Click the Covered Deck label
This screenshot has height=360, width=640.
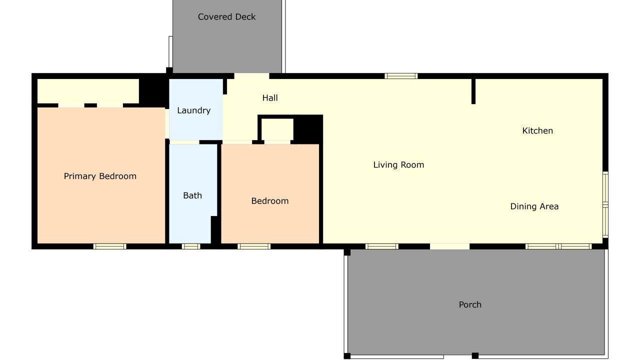(x=226, y=17)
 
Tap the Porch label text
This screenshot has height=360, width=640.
(x=470, y=304)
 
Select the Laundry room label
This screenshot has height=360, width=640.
(x=193, y=110)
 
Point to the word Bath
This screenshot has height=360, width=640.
(x=192, y=195)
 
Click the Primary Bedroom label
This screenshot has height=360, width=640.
(x=100, y=176)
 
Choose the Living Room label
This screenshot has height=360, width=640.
(x=398, y=165)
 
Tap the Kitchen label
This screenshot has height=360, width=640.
(x=537, y=131)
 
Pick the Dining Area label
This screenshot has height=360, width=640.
(x=534, y=206)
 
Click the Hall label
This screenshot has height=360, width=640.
(x=270, y=98)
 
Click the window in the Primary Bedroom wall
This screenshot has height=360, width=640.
(x=109, y=246)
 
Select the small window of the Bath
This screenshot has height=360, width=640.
(x=191, y=246)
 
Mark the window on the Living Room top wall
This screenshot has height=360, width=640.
(x=401, y=76)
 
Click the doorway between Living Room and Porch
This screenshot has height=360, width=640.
(x=449, y=246)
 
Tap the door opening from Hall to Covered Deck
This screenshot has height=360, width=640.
(x=251, y=76)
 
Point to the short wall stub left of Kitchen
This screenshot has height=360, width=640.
(x=473, y=91)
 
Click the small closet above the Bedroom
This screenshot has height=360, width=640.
(x=277, y=129)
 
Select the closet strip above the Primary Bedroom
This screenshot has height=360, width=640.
(x=88, y=91)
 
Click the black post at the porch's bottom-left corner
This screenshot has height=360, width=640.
(x=347, y=356)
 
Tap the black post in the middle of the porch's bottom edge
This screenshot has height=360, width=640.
(x=475, y=355)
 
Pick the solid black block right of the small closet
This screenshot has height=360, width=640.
(x=308, y=129)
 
